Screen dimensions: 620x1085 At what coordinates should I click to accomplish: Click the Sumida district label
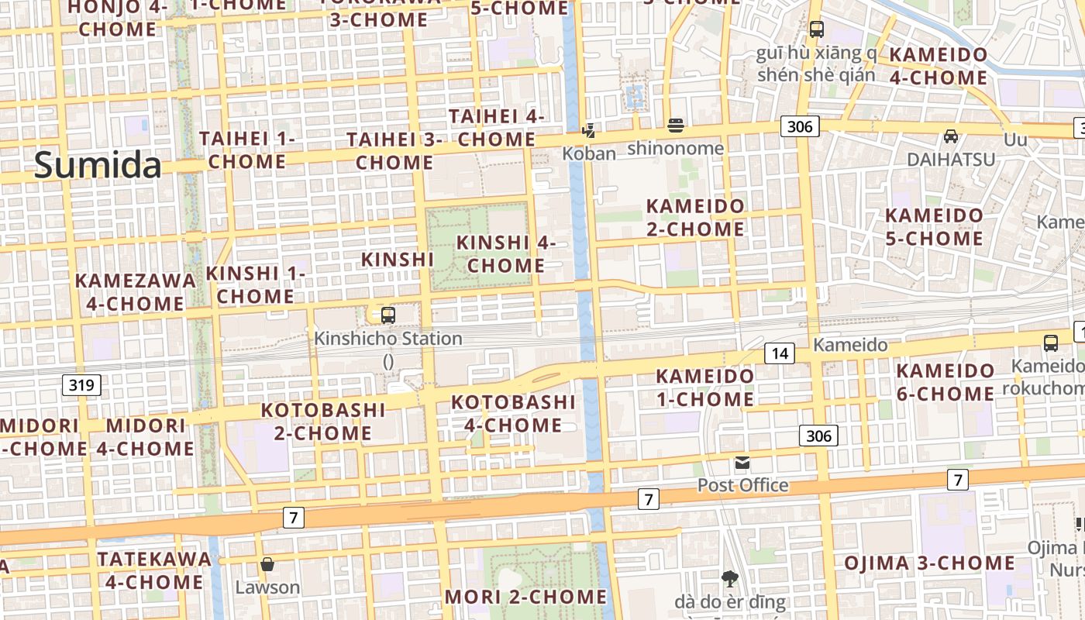(98, 165)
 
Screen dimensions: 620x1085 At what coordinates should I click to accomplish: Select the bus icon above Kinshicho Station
(388, 315)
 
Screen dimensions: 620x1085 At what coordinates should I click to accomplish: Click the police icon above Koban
(589, 130)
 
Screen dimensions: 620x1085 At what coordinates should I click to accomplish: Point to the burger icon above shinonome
(676, 126)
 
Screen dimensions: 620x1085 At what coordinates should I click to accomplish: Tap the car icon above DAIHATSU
(951, 136)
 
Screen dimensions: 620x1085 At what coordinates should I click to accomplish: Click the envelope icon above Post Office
(742, 463)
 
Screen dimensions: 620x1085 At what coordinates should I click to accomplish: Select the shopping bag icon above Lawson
(267, 564)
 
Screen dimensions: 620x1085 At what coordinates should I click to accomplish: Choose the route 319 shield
(81, 384)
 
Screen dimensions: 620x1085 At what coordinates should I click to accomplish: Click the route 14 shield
(780, 354)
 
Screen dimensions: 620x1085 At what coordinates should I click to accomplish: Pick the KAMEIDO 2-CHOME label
(695, 218)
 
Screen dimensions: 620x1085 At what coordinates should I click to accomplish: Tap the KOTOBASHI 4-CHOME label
(513, 414)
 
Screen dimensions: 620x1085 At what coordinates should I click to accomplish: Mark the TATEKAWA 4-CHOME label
(154, 570)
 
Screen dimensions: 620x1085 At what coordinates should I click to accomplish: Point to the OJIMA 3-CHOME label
(929, 563)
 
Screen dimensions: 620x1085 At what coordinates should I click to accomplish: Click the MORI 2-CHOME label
(526, 597)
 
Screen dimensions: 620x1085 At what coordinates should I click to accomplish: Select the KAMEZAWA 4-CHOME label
(136, 291)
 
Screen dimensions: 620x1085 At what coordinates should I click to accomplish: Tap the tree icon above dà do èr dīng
(729, 578)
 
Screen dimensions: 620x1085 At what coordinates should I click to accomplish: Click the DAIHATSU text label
(951, 159)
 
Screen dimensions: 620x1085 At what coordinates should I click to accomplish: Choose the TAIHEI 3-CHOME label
(394, 151)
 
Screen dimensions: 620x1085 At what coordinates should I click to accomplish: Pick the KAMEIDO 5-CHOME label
(934, 226)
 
